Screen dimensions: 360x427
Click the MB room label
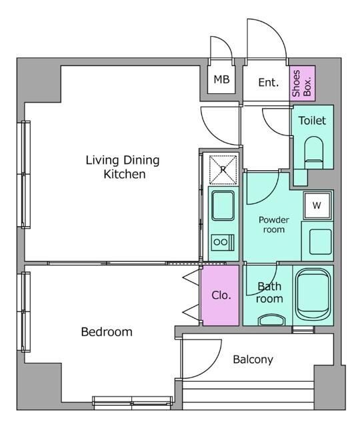(221, 79)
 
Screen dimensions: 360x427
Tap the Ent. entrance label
(268, 82)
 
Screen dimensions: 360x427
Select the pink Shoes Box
(302, 83)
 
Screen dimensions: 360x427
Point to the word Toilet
(312, 120)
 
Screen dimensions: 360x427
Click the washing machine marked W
(317, 205)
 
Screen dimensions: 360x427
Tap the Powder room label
(274, 225)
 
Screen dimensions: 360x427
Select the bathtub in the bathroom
(313, 294)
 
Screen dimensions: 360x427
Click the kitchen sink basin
(223, 205)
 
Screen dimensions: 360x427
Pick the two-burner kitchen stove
(223, 242)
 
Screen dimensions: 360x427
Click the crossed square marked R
(223, 170)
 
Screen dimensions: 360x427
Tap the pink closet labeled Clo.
(221, 295)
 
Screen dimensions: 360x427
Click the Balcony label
(253, 360)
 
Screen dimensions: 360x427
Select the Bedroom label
(107, 332)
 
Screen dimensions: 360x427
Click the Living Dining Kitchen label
(123, 167)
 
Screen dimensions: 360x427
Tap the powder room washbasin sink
(320, 242)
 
